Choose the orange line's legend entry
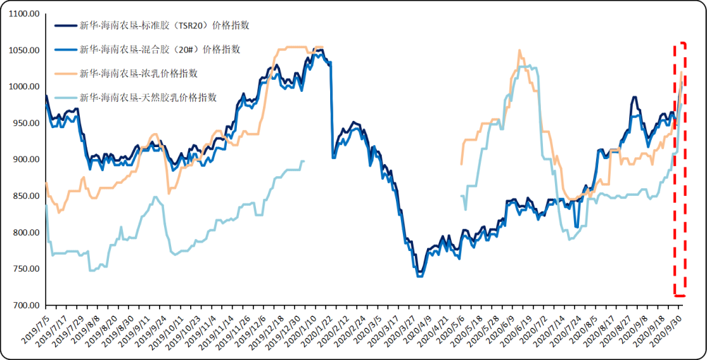138,73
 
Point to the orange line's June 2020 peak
520,51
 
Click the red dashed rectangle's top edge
680,43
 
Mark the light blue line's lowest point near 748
91,270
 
